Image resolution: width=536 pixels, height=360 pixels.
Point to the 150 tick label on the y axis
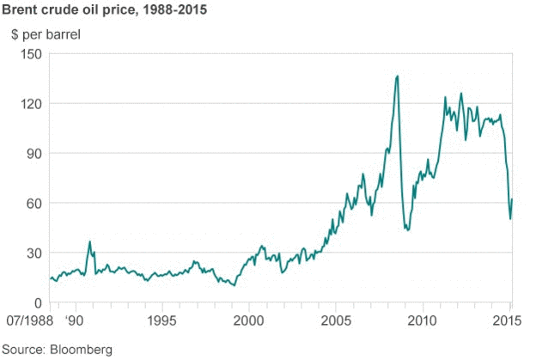[x=31, y=54]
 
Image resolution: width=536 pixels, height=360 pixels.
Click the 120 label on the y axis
[x=31, y=104]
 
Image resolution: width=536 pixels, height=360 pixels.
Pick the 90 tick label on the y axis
[x=34, y=154]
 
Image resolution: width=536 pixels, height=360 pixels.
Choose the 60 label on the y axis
[x=34, y=204]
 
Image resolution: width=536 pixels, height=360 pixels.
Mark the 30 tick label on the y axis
[x=34, y=253]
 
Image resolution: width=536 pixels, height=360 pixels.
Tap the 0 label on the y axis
[x=38, y=303]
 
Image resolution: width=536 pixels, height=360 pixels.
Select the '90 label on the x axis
[x=76, y=320]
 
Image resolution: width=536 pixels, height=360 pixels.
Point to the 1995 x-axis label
[x=162, y=320]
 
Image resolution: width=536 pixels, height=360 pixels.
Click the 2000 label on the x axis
[x=248, y=320]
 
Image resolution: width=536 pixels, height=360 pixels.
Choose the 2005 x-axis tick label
[x=335, y=320]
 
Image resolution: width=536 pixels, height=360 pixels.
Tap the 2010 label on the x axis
[x=422, y=320]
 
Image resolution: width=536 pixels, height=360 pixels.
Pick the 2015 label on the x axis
[x=509, y=320]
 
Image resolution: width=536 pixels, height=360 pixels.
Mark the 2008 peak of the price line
[x=397, y=76]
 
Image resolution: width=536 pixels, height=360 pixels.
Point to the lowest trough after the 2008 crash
[x=407, y=231]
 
